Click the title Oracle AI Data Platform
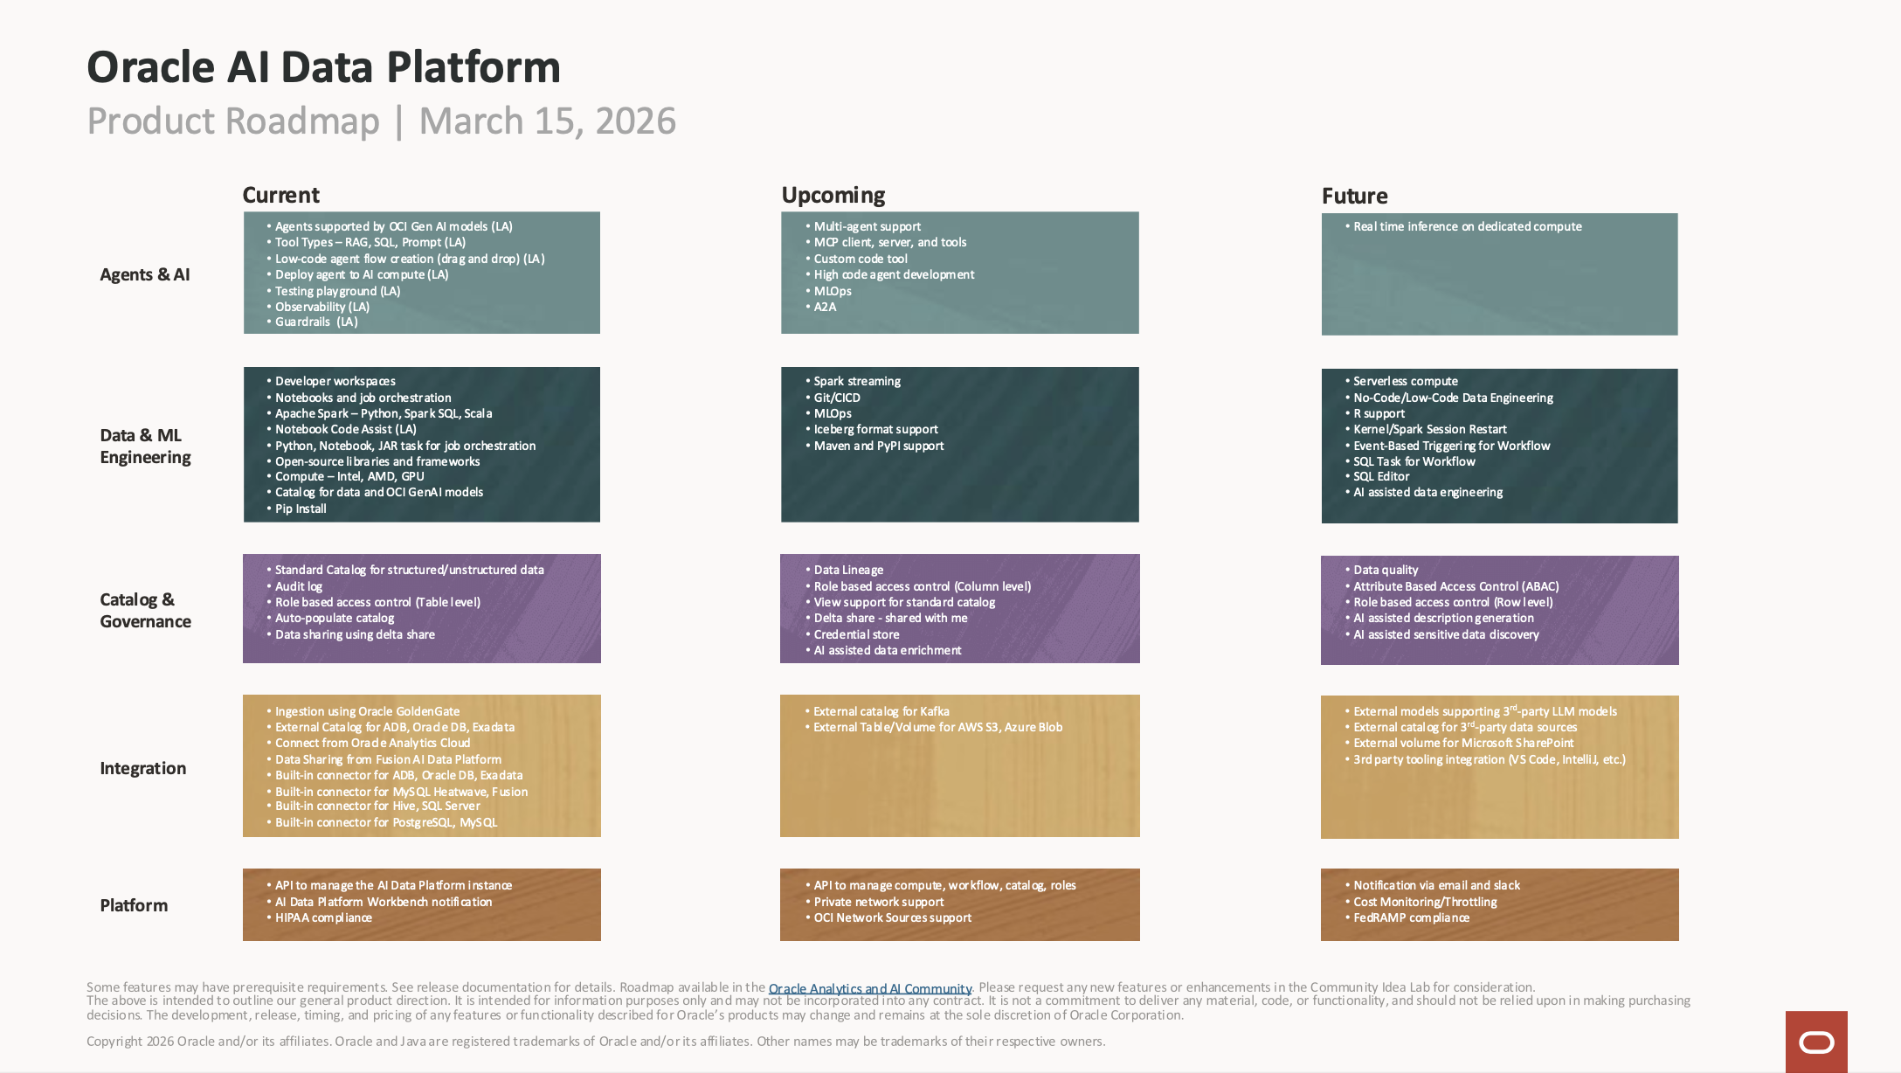click(x=323, y=67)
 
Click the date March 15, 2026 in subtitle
click(x=547, y=121)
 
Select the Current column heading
click(x=280, y=195)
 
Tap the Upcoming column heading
click(x=833, y=195)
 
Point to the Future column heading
click(x=1354, y=196)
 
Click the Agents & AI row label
click(x=144, y=274)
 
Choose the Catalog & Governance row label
click(x=145, y=610)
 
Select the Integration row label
click(x=142, y=768)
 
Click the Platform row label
click(x=134, y=905)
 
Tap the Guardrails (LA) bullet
click(x=315, y=322)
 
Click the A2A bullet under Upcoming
click(x=825, y=307)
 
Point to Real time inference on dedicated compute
click(x=1467, y=226)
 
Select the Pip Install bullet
click(x=301, y=509)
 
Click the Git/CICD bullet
click(x=836, y=398)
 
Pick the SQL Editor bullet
click(x=1380, y=476)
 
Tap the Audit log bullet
click(x=298, y=586)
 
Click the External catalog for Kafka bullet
click(x=881, y=711)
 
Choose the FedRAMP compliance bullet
click(x=1411, y=917)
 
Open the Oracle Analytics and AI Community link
click(x=869, y=988)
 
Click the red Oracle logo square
click(x=1815, y=1042)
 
